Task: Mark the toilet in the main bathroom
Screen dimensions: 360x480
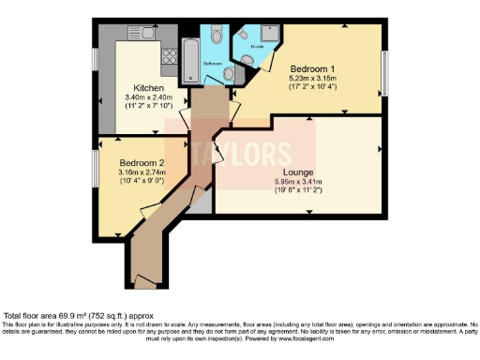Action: tap(217, 36)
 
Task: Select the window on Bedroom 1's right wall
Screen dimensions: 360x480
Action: tap(383, 69)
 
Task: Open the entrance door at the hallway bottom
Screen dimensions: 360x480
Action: tap(142, 281)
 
